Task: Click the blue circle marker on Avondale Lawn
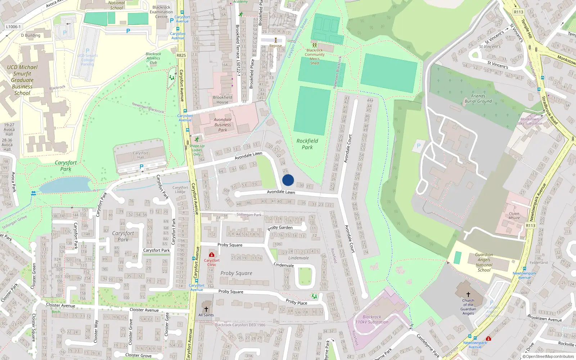click(288, 180)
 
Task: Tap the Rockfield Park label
click(307, 144)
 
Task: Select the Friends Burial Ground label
click(478, 99)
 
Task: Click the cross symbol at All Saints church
click(206, 309)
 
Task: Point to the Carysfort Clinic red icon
click(212, 255)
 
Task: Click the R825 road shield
click(181, 55)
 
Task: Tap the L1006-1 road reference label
click(13, 27)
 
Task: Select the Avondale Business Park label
click(222, 125)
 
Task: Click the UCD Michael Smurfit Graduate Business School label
click(22, 80)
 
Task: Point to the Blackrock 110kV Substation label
click(372, 320)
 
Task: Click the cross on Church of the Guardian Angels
click(468, 294)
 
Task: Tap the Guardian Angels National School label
click(484, 262)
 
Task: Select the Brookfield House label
click(222, 100)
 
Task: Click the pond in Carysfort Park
click(65, 185)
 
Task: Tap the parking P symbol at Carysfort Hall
click(141, 167)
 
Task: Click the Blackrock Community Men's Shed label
click(315, 57)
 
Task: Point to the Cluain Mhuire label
click(514, 216)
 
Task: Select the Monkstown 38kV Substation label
click(529, 121)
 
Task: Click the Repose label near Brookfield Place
click(276, 46)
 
